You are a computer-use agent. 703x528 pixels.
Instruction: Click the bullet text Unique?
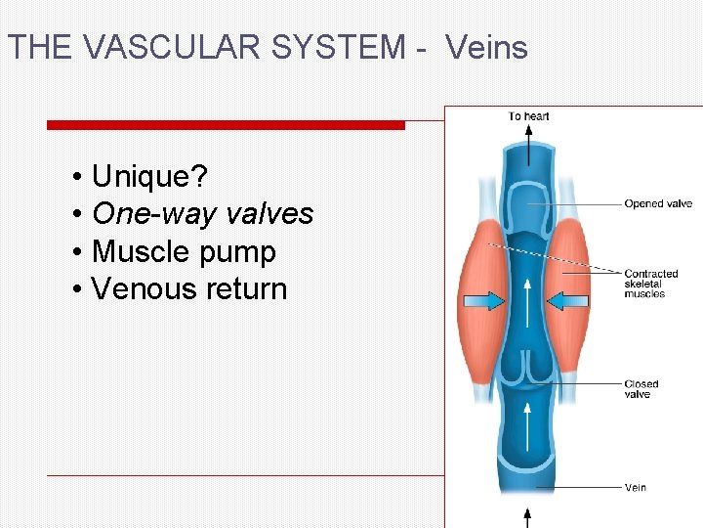(x=148, y=177)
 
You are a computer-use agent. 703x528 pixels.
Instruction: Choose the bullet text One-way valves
(x=202, y=214)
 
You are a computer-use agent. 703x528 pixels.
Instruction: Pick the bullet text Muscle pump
(x=184, y=251)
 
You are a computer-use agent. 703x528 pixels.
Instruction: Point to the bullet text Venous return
(x=189, y=288)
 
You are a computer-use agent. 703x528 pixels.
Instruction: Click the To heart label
(x=528, y=116)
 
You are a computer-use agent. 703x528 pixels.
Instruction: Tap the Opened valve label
(x=658, y=204)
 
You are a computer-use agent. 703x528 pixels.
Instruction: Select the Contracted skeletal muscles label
(x=650, y=284)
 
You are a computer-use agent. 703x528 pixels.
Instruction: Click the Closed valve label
(x=641, y=389)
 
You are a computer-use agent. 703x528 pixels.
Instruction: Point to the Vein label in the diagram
(x=635, y=487)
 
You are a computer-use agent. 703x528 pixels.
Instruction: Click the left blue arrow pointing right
(x=482, y=303)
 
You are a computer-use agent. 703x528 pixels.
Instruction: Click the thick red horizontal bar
(x=226, y=125)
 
